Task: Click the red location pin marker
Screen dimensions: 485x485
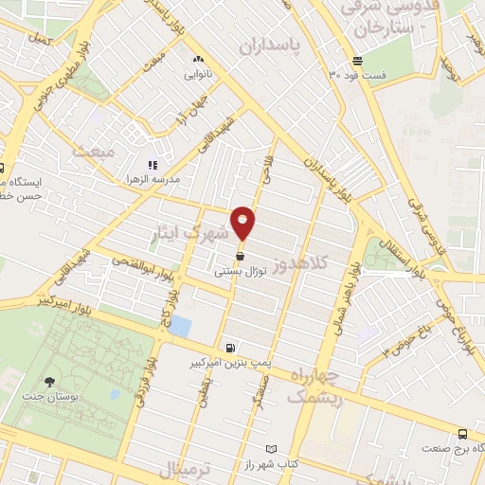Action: [242, 222]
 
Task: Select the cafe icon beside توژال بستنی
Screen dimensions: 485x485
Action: [240, 256]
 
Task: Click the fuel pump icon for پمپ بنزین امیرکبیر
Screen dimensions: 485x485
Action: [229, 348]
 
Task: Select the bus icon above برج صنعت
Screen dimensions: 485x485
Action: [461, 433]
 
